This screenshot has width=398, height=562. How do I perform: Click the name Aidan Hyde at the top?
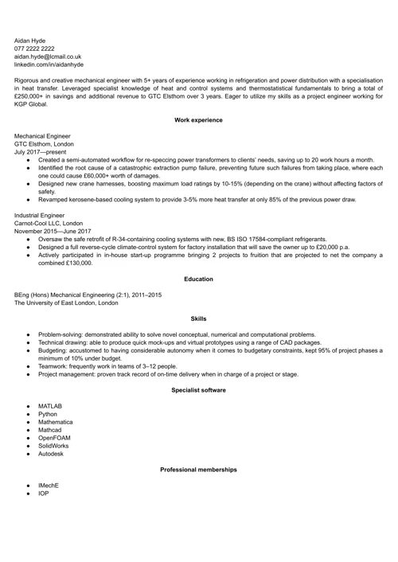click(33, 39)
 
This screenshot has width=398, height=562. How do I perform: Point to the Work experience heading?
click(198, 119)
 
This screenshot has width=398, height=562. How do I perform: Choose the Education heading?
click(198, 279)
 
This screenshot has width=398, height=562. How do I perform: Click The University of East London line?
click(65, 302)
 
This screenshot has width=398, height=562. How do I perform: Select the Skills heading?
click(198, 318)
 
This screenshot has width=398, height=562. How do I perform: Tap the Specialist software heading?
click(198, 390)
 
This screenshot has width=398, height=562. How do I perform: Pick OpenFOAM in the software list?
click(54, 437)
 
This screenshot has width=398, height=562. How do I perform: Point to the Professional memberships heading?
click(198, 470)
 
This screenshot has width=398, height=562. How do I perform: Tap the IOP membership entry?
click(44, 494)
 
